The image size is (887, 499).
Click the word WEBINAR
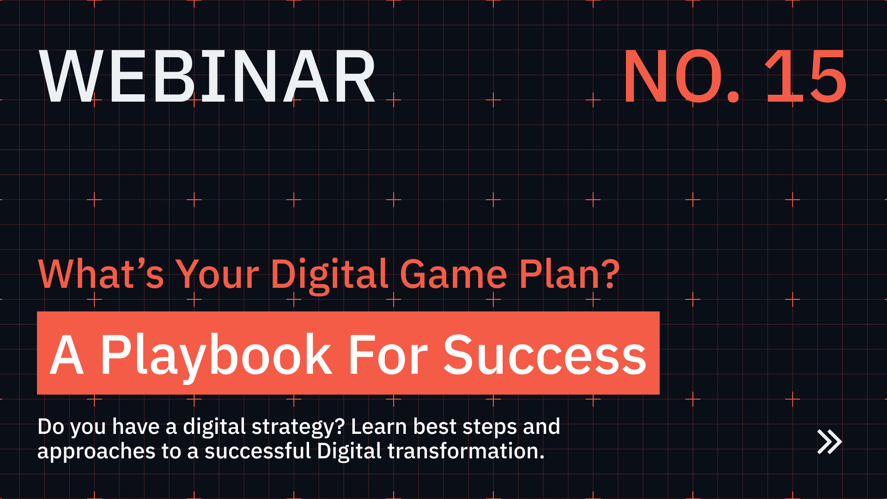(208, 77)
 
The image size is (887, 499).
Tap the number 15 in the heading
(806, 77)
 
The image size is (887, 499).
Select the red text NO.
(681, 77)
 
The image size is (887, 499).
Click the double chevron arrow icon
(829, 442)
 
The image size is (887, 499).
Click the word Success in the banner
(545, 355)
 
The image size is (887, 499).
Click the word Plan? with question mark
(569, 274)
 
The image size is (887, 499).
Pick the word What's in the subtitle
(101, 274)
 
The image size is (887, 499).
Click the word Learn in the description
(379, 426)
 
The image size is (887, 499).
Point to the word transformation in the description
(466, 451)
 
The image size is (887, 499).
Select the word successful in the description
(258, 451)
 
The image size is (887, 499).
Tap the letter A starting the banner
(67, 355)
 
